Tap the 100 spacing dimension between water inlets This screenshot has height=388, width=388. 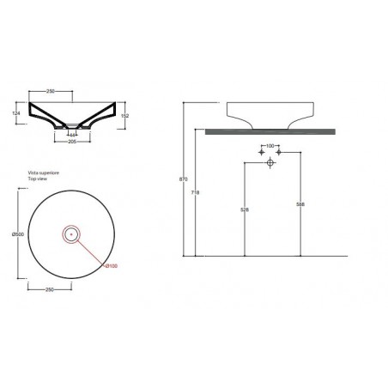pyautogui.click(x=270, y=147)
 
